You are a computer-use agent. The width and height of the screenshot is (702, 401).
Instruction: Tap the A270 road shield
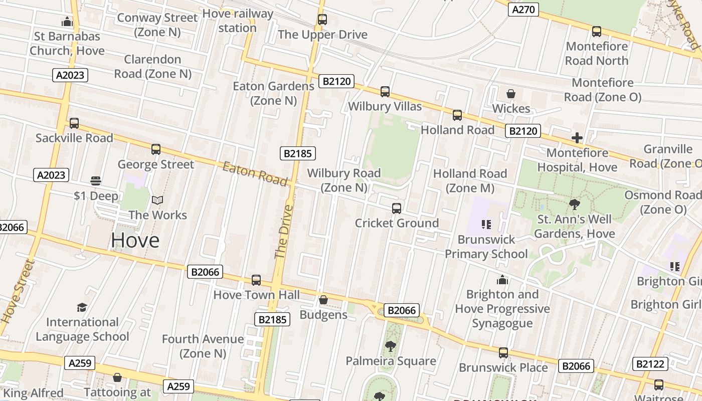coord(523,10)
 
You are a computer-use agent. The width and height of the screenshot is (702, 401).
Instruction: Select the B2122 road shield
coord(650,364)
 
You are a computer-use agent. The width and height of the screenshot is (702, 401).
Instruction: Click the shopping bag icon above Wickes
coord(511,94)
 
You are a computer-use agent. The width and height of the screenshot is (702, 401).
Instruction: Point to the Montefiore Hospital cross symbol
coord(577,137)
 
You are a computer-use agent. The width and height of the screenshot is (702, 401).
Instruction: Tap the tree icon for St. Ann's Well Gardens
coord(575,204)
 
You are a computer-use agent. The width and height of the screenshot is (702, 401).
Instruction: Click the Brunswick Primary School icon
coord(486,224)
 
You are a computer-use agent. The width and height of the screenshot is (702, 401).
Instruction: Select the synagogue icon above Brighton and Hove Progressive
coord(502,280)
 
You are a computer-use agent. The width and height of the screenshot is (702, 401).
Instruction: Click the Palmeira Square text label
coord(391,361)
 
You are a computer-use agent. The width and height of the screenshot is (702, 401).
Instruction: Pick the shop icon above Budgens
coord(323,300)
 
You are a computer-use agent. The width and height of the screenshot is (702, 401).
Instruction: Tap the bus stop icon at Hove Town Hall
coord(256,280)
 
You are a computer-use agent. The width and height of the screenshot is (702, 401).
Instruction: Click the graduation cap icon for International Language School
coord(82,307)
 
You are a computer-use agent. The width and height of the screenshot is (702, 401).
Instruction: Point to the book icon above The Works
coord(157,200)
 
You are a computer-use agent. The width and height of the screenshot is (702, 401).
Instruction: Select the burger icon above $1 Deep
coord(96,180)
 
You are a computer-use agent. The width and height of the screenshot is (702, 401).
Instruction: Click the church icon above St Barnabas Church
coord(67,22)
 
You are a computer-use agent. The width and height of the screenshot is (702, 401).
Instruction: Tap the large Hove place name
coord(135,240)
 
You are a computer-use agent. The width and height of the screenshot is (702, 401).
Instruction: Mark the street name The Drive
coord(284,231)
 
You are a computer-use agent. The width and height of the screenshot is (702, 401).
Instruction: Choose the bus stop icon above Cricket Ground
coord(397,208)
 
